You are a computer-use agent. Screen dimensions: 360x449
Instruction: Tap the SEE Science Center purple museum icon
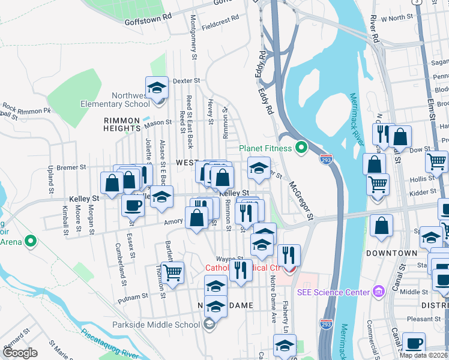tap(378, 292)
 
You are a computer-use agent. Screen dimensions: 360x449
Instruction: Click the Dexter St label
tap(185, 80)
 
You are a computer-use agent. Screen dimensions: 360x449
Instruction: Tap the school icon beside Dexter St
tap(157, 88)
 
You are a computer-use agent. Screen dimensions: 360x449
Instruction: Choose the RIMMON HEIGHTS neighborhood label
tap(121, 124)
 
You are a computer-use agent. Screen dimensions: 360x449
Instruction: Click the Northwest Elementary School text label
tap(115, 100)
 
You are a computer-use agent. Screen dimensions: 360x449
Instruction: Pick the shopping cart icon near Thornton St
tap(173, 273)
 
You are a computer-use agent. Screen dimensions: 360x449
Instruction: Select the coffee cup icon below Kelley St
tap(133, 205)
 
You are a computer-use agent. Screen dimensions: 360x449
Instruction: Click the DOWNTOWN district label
tap(392, 254)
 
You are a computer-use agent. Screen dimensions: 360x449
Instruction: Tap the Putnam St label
tap(133, 296)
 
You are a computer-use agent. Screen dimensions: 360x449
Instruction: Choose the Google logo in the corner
tap(20, 353)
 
